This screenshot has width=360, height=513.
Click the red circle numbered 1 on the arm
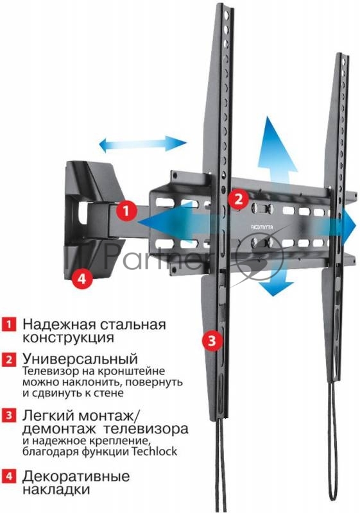tap(126, 210)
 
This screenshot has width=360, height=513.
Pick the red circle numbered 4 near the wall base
tap(80, 278)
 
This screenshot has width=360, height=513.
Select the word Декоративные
tap(76, 476)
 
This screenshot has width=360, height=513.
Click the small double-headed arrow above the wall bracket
tap(142, 143)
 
